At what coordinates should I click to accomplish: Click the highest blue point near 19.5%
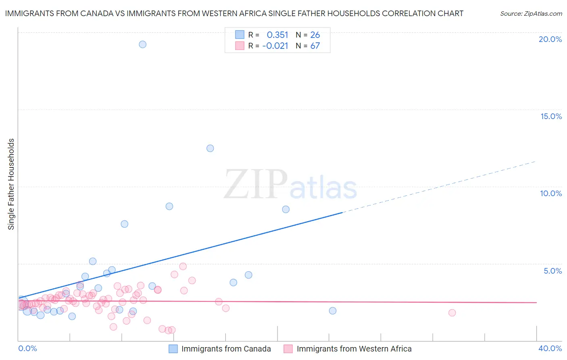tap(142, 44)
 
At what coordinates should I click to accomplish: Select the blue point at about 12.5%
tap(210, 148)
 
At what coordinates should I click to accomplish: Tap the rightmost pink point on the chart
tap(452, 313)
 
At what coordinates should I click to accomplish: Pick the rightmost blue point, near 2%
tap(333, 311)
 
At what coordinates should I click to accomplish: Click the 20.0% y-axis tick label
tap(550, 39)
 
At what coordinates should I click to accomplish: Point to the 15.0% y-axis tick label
tap(551, 116)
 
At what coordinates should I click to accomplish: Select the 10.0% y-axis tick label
tap(551, 193)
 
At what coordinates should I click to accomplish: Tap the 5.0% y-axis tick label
tap(552, 271)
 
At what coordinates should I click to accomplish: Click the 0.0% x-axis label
tap(27, 348)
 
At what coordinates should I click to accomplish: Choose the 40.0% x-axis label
tap(550, 348)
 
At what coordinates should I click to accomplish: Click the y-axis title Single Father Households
tap(11, 184)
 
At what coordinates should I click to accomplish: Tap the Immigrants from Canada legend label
tap(226, 349)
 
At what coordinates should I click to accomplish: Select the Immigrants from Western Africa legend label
tap(354, 349)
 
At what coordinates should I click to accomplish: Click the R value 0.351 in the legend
tap(277, 35)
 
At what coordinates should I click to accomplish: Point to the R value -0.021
tap(275, 46)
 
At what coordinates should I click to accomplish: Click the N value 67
tap(315, 46)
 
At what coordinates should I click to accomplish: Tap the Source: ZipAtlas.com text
tap(531, 14)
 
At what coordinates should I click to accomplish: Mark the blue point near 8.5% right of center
tap(286, 209)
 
